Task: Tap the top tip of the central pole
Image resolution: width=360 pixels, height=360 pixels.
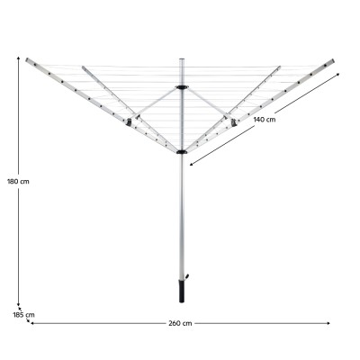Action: [184, 57]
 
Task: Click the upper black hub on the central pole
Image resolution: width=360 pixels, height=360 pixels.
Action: [184, 87]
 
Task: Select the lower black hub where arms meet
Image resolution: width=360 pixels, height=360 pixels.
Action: [184, 154]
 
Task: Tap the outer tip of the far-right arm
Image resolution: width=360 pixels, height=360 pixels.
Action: [337, 62]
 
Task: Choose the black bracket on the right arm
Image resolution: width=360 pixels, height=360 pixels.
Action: [236, 121]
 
